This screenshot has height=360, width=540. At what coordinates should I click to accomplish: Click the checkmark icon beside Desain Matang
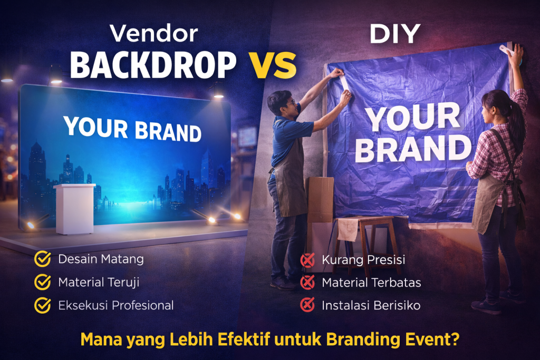coord(42,259)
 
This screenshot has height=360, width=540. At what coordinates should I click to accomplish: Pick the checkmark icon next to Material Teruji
coord(42,283)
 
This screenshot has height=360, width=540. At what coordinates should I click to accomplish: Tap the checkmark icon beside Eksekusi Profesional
coord(42,305)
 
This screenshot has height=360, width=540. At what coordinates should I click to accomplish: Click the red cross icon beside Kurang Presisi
coord(307,260)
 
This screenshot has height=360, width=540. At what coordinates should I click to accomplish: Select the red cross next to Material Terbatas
coord(307,283)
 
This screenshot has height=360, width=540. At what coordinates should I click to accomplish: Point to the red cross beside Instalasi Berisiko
coord(307,305)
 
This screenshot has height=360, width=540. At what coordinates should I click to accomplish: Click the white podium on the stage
coord(74,208)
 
